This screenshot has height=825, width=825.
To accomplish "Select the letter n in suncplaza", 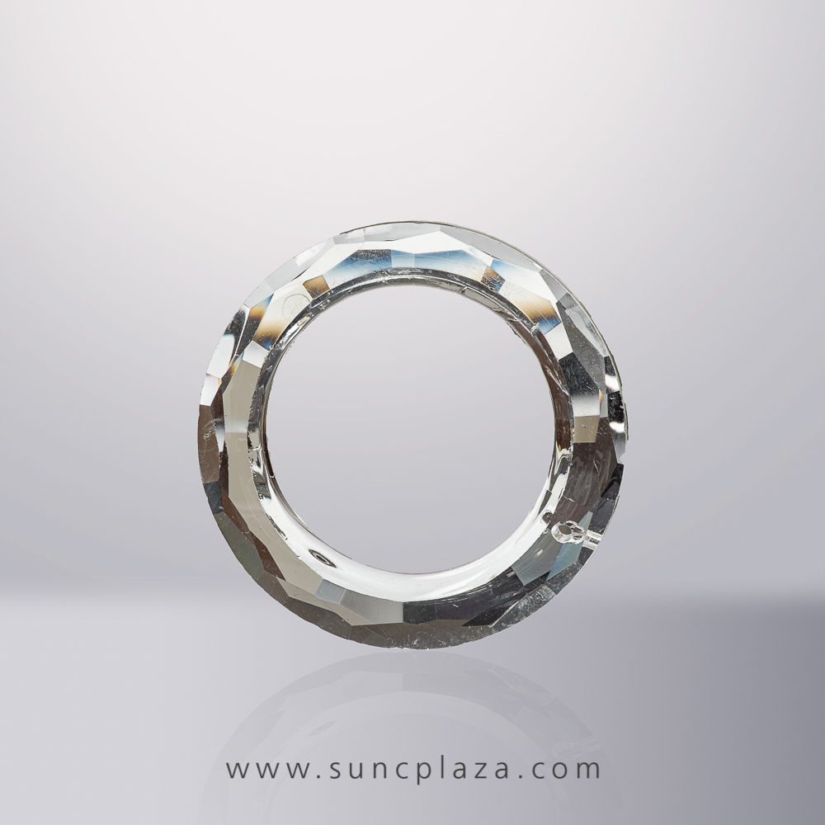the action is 381,770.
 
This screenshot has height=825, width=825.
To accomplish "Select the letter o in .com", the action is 565,770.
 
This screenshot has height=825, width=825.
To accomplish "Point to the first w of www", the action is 238,770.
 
